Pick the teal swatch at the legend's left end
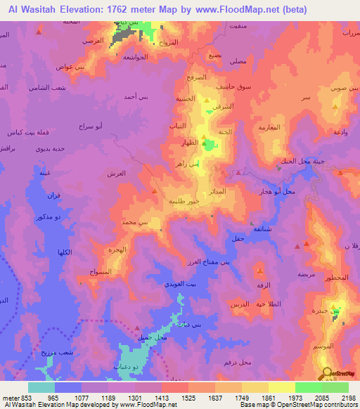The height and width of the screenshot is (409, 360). point(41,387)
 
